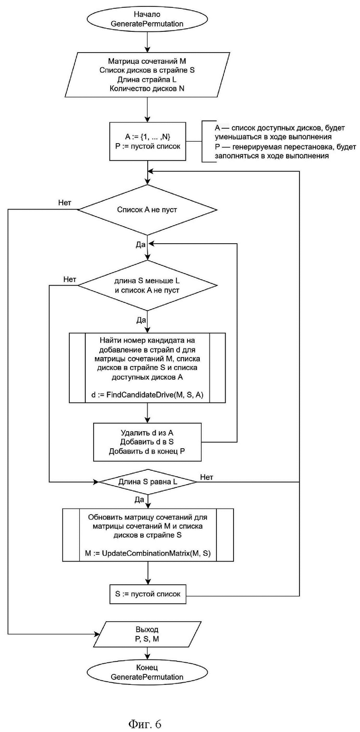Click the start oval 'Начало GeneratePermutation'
[147, 19]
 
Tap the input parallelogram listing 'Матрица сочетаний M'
[147, 74]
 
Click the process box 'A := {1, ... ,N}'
[148, 141]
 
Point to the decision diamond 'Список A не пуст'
[147, 210]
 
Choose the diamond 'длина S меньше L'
[147, 286]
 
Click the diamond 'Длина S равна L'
[148, 482]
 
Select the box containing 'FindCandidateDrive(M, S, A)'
[147, 368]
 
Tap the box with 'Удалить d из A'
[147, 442]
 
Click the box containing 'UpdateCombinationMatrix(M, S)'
[148, 535]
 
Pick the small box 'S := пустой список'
[148, 594]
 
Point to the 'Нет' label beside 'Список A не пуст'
[65, 203]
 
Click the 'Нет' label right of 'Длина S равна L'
[206, 477]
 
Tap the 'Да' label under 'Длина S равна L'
[139, 499]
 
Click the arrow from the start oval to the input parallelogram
[148, 42]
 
